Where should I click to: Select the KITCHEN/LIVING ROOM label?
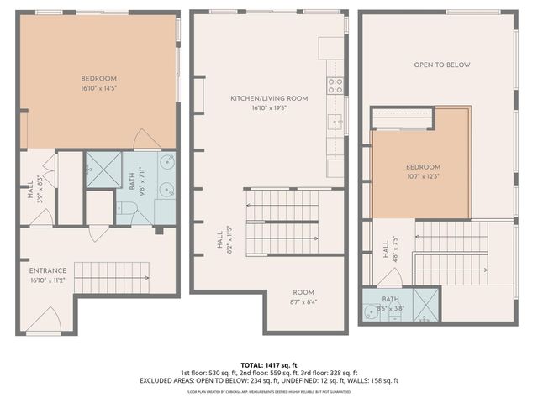coord(269,98)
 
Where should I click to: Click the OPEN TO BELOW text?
coord(441,65)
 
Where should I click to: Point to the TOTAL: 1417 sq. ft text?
coord(269,364)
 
